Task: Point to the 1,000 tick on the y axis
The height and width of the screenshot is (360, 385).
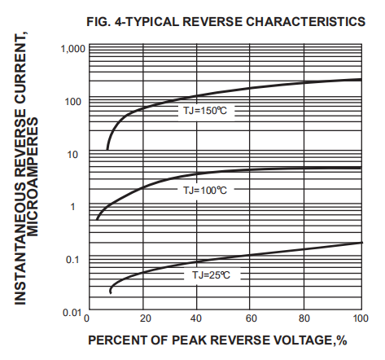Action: pyautogui.click(x=72, y=50)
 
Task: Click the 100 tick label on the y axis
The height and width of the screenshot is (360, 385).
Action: pyautogui.click(x=75, y=102)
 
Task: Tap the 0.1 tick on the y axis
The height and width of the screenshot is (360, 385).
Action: pyautogui.click(x=76, y=260)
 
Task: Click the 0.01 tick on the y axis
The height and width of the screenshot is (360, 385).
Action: pyautogui.click(x=72, y=312)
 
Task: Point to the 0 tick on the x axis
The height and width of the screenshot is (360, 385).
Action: pyautogui.click(x=87, y=319)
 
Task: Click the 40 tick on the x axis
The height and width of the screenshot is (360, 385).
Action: pyautogui.click(x=197, y=319)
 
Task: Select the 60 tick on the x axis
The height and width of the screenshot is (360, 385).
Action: pyautogui.click(x=252, y=319)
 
